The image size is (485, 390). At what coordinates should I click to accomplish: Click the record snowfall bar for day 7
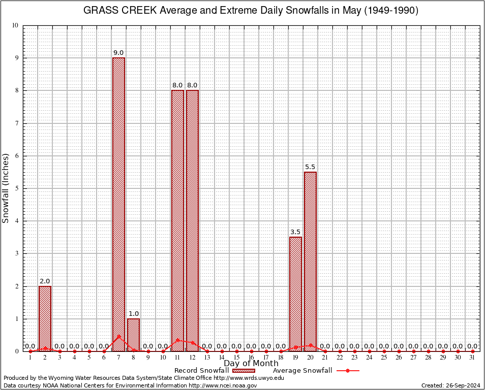point(118,203)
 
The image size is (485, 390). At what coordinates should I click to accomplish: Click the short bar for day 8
point(133,335)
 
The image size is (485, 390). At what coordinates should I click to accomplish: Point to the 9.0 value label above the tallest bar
point(118,53)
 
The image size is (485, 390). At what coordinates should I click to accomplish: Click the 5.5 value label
point(310,167)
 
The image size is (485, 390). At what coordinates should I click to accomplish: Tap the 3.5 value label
point(295,232)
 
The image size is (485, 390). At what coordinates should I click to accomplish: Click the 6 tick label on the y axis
point(16,156)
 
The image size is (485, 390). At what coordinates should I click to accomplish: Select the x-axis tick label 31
point(472,357)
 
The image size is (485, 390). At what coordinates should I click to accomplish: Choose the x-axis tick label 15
point(236,357)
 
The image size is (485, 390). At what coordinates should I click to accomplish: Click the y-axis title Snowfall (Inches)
point(6,188)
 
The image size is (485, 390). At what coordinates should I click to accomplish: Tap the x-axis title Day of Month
point(251,364)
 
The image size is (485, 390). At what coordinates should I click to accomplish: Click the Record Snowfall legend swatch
point(242,371)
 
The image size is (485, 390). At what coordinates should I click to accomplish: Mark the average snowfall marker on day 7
point(118,336)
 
